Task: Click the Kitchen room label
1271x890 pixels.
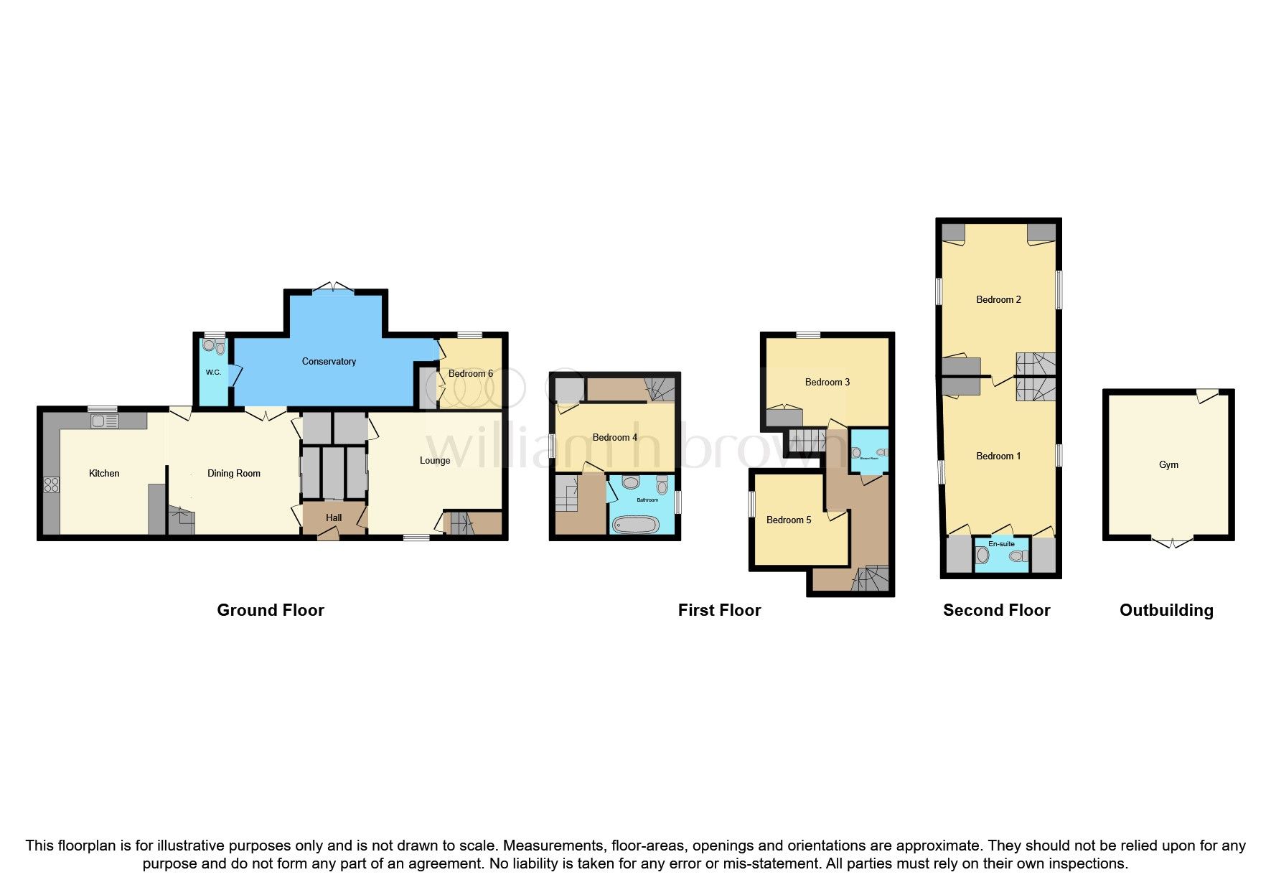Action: pyautogui.click(x=104, y=473)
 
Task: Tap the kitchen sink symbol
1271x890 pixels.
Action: pyautogui.click(x=105, y=421)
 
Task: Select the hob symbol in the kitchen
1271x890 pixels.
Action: pyautogui.click(x=52, y=484)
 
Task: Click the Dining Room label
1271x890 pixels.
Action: pyautogui.click(x=233, y=473)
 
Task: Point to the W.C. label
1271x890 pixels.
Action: pyautogui.click(x=213, y=373)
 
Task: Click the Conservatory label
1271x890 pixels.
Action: pyautogui.click(x=329, y=361)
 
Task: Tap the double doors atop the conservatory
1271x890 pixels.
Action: pyautogui.click(x=334, y=286)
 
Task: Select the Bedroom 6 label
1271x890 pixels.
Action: pyautogui.click(x=470, y=373)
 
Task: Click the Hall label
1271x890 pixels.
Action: pyautogui.click(x=334, y=517)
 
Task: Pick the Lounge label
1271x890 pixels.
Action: pyautogui.click(x=435, y=460)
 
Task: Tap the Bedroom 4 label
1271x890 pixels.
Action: pyautogui.click(x=614, y=437)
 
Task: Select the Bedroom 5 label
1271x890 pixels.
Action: pyautogui.click(x=788, y=520)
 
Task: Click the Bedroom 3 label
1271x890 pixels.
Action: pyautogui.click(x=827, y=382)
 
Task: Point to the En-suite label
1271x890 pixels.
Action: pyautogui.click(x=1001, y=544)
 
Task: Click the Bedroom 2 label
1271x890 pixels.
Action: pyautogui.click(x=998, y=299)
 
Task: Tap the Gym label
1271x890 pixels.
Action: pyautogui.click(x=1168, y=464)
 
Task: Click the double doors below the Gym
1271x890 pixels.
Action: pyautogui.click(x=1171, y=543)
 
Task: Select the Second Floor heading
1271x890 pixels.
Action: pyautogui.click(x=996, y=610)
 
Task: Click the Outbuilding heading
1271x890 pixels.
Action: pyautogui.click(x=1166, y=610)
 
